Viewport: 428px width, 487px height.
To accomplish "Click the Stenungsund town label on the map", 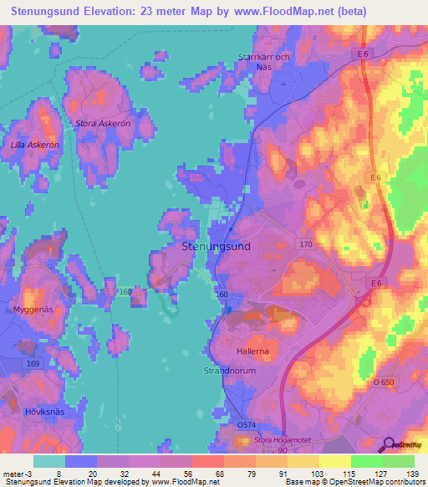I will coord(216,247).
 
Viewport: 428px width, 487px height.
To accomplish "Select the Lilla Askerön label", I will coord(34,145).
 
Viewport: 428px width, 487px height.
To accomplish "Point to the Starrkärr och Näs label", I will coord(264,61).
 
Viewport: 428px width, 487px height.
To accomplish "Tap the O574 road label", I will coord(247,425).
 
